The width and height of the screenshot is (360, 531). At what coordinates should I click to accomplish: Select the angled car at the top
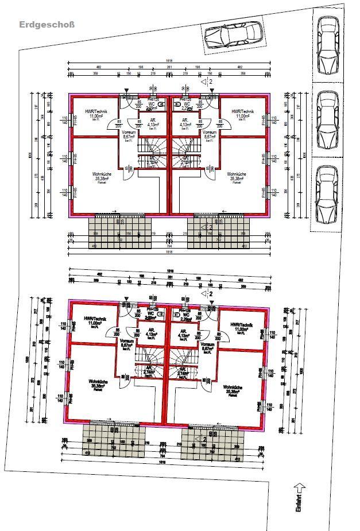[235, 36]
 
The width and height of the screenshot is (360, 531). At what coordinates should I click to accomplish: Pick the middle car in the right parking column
[327, 122]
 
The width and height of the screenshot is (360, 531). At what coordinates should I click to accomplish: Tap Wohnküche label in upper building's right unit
[237, 175]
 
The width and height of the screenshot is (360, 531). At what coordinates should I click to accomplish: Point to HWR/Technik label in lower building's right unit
[241, 326]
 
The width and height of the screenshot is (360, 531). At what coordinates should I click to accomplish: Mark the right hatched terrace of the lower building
[212, 441]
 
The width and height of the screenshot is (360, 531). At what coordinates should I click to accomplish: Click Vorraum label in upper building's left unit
[129, 134]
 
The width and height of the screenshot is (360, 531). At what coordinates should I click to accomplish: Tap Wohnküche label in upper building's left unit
[102, 175]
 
